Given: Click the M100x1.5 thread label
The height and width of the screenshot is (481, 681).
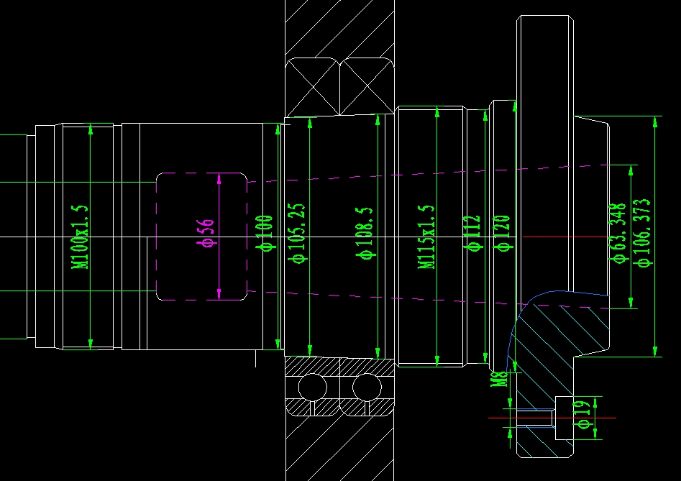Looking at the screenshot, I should coord(81,237).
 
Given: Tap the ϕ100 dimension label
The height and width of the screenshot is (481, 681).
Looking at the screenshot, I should coord(265,232).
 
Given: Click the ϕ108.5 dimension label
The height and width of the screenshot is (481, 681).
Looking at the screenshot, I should coord(365,232).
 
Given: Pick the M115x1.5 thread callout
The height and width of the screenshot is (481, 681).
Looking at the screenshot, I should coord(427,237).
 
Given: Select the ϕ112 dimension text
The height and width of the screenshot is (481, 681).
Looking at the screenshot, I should coord(473,233).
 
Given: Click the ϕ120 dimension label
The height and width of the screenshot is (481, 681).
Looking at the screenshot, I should coord(503,233).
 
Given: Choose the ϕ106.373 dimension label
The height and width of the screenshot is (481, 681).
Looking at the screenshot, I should coord(644,232).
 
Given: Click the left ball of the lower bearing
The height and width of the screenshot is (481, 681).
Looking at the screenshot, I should coord(313,387).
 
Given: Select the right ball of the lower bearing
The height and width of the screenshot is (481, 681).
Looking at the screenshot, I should coord(367,387).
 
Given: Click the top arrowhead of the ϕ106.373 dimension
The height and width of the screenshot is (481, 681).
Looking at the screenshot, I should coord(654,120).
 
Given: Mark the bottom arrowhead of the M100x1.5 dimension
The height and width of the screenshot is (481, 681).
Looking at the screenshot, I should coord(91,344).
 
